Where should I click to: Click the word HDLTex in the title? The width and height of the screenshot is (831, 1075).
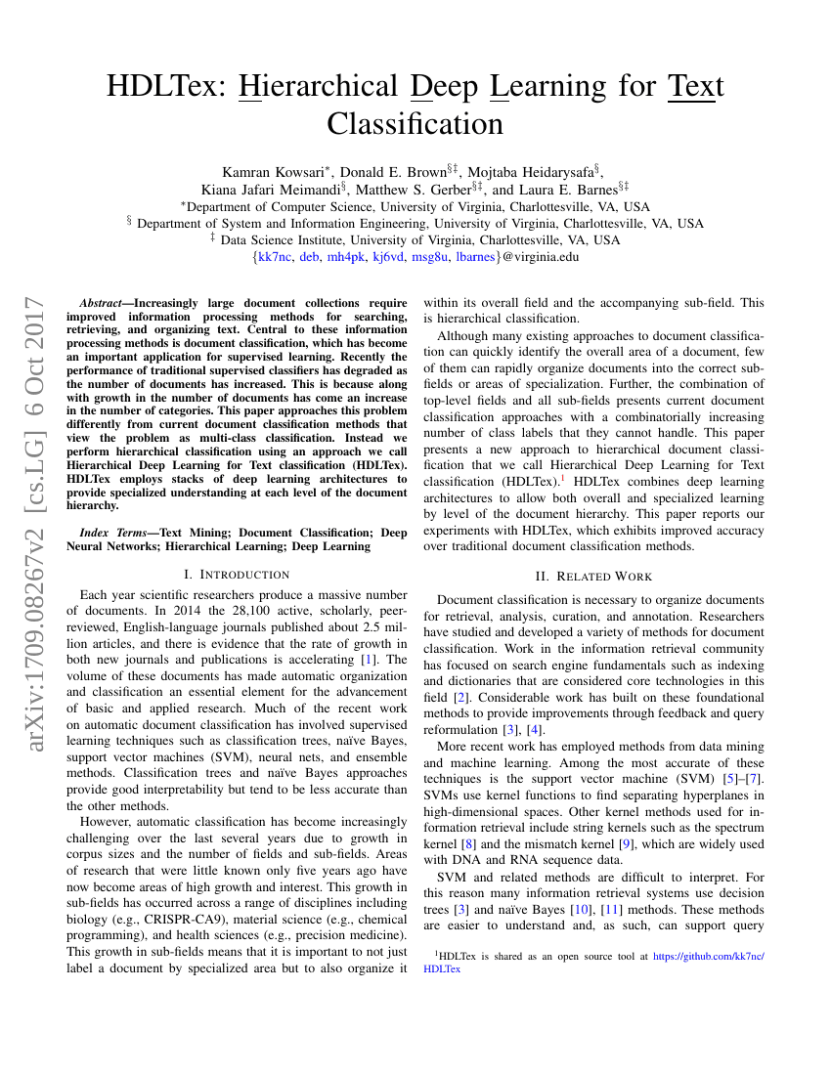(162, 86)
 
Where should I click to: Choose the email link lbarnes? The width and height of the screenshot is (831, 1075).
(475, 257)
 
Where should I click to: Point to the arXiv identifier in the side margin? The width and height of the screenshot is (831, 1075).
(36, 523)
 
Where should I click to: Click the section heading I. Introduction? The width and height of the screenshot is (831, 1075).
(237, 574)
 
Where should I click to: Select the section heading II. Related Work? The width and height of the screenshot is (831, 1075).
(593, 577)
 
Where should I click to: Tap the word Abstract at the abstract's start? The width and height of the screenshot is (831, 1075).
(101, 303)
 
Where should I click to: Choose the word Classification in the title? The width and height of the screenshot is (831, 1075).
(415, 124)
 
